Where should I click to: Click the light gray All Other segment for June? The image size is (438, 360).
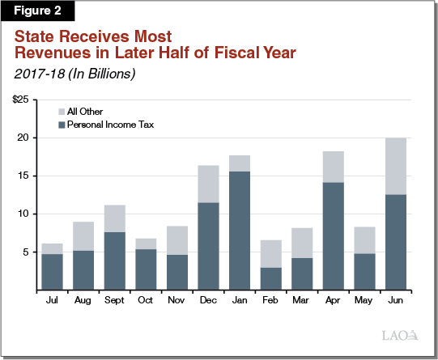click(394, 166)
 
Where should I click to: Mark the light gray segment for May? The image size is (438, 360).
click(364, 240)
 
